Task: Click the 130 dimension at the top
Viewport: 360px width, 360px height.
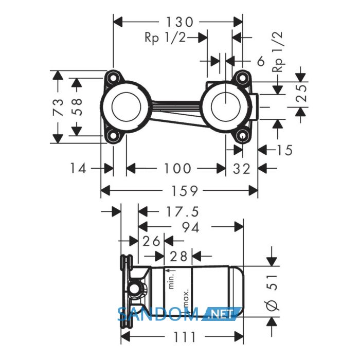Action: [x=179, y=22]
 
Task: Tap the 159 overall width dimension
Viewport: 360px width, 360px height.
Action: [x=184, y=191]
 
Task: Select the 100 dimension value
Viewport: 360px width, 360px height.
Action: [x=177, y=169]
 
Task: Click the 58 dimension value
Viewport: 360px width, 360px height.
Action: [x=77, y=107]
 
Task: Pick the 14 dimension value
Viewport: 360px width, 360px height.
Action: [x=78, y=168]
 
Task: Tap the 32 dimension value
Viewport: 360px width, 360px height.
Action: [x=242, y=169]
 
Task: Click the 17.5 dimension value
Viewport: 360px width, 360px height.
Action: [x=182, y=212]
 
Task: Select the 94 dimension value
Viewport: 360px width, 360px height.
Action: [x=191, y=227]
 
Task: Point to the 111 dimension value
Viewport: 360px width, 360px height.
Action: [x=185, y=337]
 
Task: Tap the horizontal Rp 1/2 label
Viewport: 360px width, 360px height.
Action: [x=165, y=37]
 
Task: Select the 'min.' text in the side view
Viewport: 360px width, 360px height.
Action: [x=172, y=282]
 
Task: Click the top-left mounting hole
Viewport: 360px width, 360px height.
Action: [x=113, y=78]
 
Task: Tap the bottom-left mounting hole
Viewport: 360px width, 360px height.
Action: [x=113, y=136]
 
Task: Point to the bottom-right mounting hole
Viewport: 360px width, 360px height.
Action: [x=242, y=136]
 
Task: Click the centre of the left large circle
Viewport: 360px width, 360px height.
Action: [x=126, y=107]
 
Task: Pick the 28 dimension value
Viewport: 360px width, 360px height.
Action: [x=178, y=256]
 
